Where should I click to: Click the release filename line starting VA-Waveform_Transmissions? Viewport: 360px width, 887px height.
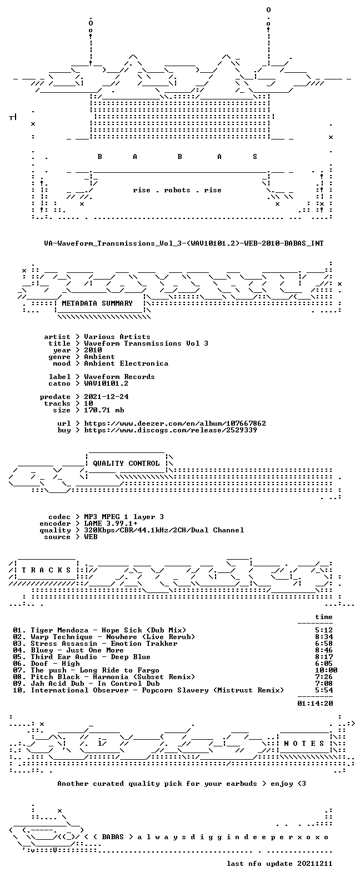[x=184, y=243]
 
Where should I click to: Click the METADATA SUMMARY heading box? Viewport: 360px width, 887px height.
[x=97, y=303]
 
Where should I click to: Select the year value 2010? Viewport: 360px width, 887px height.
[x=93, y=350]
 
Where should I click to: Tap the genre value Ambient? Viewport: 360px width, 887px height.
[x=99, y=357]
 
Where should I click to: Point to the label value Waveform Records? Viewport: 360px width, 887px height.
[x=119, y=377]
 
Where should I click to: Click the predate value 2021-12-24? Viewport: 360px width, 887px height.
[x=106, y=397]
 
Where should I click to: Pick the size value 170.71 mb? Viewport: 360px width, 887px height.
[x=104, y=410]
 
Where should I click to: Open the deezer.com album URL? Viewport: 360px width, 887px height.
[x=175, y=423]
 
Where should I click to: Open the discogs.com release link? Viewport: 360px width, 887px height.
[x=171, y=430]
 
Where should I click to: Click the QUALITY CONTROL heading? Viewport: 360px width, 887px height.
[x=126, y=464]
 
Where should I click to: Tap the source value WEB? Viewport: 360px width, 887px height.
[x=91, y=537]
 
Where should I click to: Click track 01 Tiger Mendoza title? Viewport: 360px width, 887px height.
[x=108, y=630]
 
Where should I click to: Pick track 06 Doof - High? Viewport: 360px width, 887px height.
[x=55, y=663]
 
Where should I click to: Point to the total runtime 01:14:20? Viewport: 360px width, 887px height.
[x=315, y=703]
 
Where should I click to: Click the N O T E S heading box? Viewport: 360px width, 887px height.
[x=304, y=744]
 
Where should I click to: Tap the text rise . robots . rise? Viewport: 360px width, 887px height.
[x=177, y=190]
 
